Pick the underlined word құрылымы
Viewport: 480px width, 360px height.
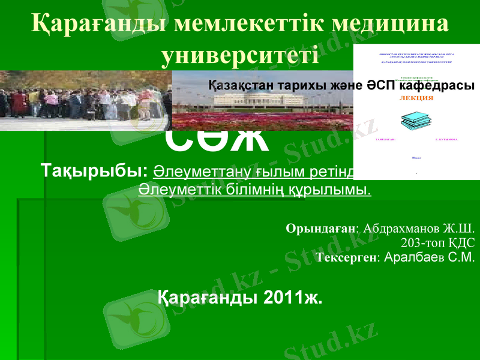340,190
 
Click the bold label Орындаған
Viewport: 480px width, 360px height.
321,229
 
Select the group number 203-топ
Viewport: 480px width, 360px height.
427,243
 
